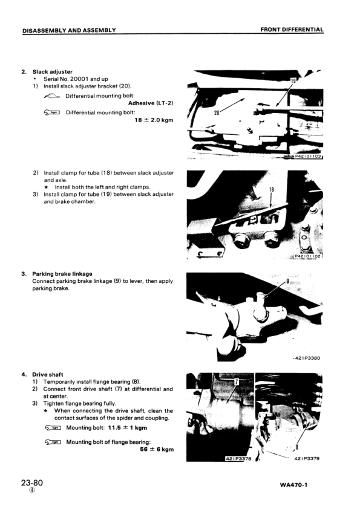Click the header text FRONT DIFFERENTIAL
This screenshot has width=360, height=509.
pyautogui.click(x=292, y=30)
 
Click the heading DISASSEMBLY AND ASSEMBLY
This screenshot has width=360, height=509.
pyautogui.click(x=69, y=30)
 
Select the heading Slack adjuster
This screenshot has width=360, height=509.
pyautogui.click(x=52, y=72)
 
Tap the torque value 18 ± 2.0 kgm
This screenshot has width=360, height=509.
pyautogui.click(x=154, y=120)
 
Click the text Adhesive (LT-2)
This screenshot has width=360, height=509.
pyautogui.click(x=151, y=103)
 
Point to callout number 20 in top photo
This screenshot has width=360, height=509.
pyautogui.click(x=217, y=112)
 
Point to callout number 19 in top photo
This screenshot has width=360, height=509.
pyautogui.click(x=293, y=80)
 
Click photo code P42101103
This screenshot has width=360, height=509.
pyautogui.click(x=308, y=157)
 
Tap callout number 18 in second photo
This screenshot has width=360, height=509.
pyautogui.click(x=272, y=190)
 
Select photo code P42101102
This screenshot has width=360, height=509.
pyautogui.click(x=308, y=256)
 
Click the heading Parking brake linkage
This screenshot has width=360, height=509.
pyautogui.click(x=62, y=274)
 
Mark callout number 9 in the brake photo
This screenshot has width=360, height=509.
pyautogui.click(x=287, y=280)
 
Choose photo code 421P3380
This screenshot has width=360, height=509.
pyautogui.click(x=307, y=358)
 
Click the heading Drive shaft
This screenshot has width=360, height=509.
pyautogui.click(x=47, y=375)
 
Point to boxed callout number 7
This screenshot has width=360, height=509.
pyautogui.click(x=237, y=382)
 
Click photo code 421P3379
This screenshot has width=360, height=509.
pyautogui.click(x=307, y=459)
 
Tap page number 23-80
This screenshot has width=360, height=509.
pyautogui.click(x=32, y=483)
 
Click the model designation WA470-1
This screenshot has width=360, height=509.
pyautogui.click(x=293, y=485)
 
